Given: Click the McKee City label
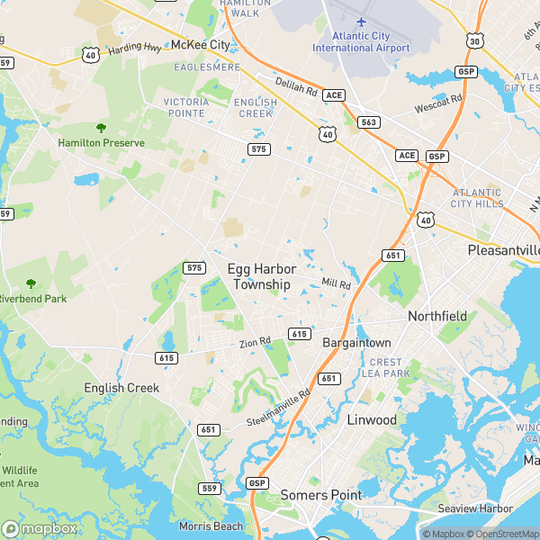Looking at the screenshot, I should point(200,44).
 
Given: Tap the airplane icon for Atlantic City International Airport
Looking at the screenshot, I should point(361,21).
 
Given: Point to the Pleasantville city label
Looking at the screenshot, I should point(503,249).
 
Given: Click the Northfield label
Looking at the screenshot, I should point(437,316).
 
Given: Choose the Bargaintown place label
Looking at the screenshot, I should point(357,343).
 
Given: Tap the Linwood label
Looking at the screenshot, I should point(372,420).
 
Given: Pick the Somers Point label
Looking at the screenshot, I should point(321,494).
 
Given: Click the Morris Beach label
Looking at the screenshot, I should point(211,526).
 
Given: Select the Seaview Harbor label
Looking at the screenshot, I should point(475,508).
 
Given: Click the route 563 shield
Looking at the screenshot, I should point(369,121).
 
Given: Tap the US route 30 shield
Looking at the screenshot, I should point(474,40).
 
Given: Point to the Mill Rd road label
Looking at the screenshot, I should point(337,284).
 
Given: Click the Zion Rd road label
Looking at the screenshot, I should point(255,341).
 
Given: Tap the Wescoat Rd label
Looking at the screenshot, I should point(438,103).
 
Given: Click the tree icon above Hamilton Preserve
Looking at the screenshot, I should point(101,128).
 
